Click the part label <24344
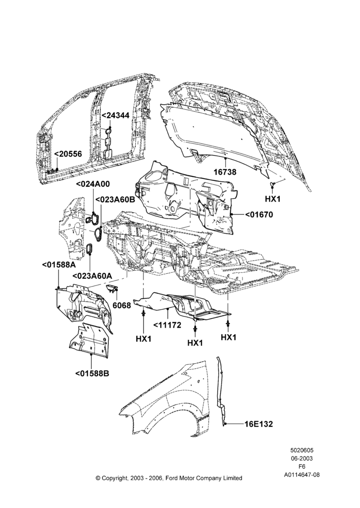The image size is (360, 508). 116,115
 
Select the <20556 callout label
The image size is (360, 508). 68,154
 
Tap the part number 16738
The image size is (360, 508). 225,172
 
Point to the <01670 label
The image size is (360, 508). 258,214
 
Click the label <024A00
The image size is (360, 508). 93,184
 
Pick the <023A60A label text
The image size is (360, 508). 92,276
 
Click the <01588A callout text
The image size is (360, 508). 59,265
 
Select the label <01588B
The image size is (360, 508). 93,373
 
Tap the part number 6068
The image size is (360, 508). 122,305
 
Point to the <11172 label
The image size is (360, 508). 167,325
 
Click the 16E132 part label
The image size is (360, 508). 258,424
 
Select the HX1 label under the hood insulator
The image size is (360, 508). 273,199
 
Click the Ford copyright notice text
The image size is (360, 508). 169,478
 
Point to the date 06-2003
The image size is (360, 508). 302,458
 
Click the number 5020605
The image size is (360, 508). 302,450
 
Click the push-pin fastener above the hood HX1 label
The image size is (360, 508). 273,185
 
